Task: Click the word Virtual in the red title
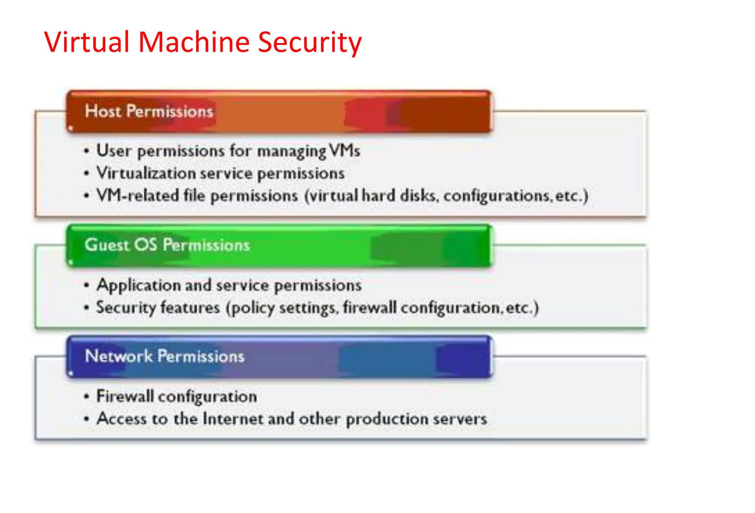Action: pyautogui.click(x=86, y=42)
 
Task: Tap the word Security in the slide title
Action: pyautogui.click(x=310, y=42)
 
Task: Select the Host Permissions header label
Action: pyautogui.click(x=149, y=111)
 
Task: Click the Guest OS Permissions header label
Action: pyautogui.click(x=167, y=245)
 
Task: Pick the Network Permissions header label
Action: pyautogui.click(x=164, y=356)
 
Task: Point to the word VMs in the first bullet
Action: pyautogui.click(x=345, y=151)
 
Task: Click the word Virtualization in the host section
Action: pyautogui.click(x=146, y=173)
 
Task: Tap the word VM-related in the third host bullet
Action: pyautogui.click(x=138, y=195)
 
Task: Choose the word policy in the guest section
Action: pyautogui.click(x=253, y=308)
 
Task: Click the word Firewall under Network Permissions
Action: pyautogui.click(x=125, y=397)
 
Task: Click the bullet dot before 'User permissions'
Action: pyautogui.click(x=87, y=151)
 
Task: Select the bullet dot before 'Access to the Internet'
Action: pyautogui.click(x=87, y=419)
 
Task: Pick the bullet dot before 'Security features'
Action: pyautogui.click(x=87, y=307)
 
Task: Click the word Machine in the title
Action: pyautogui.click(x=194, y=42)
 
